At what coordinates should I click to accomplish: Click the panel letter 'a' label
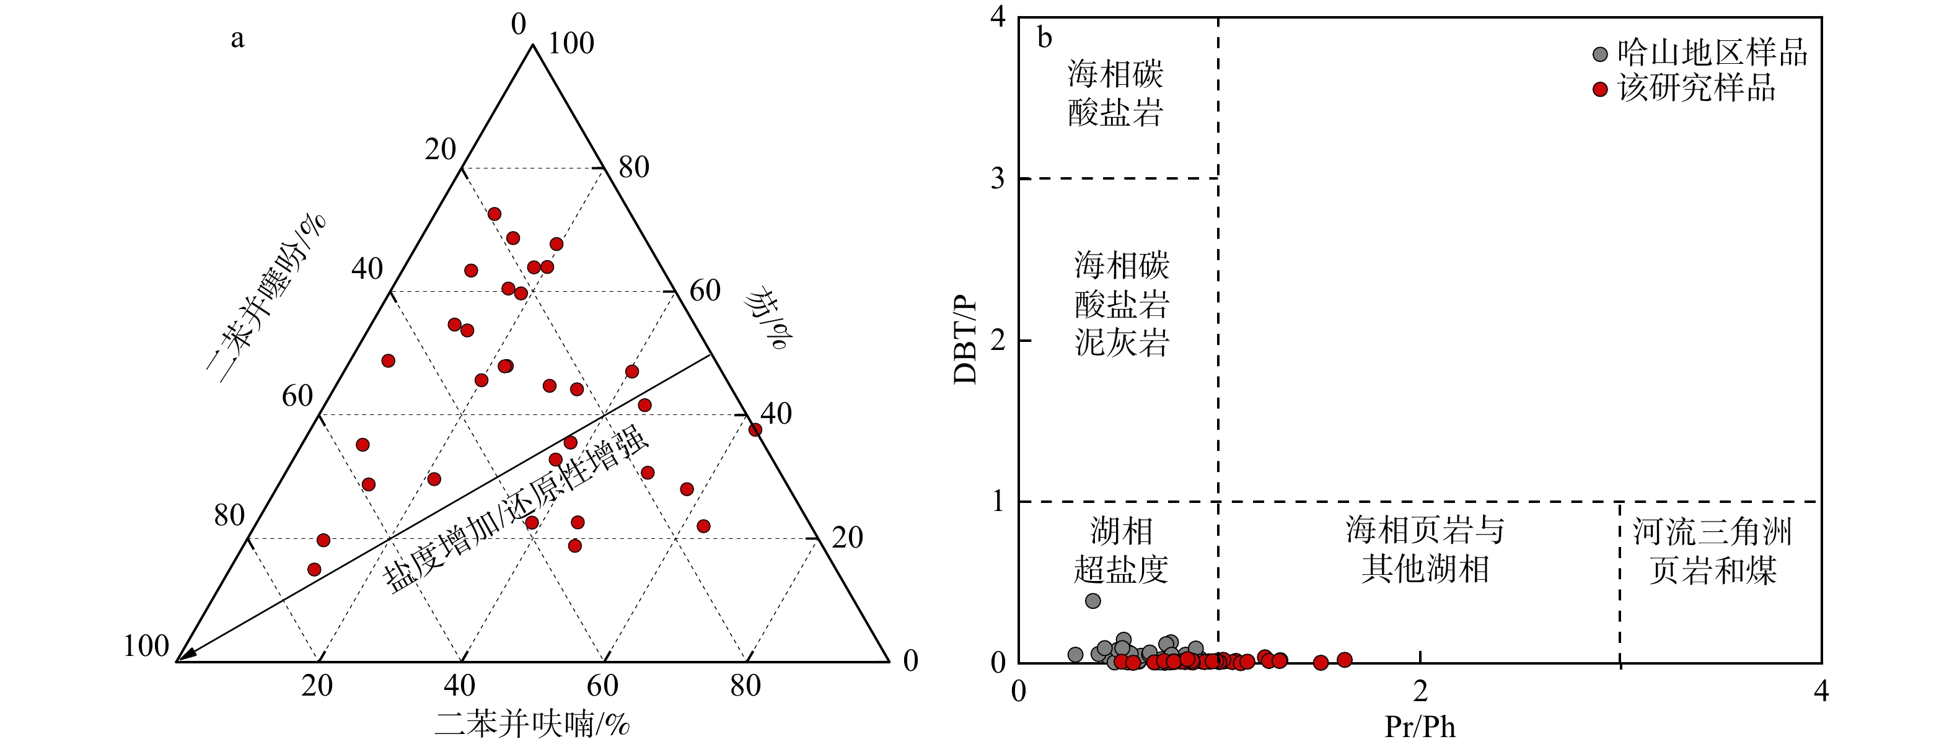pos(237,38)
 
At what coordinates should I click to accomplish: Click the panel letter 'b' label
pos(1044,38)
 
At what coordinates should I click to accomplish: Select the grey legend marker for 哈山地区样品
pos(1599,55)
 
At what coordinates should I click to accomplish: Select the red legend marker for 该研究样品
pos(1599,89)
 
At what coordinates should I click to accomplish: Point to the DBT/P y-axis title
pos(965,340)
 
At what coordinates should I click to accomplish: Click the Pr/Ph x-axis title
pos(1419,727)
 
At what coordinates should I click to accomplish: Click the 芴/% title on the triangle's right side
pos(766,318)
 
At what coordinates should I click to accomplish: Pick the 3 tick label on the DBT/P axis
pos(997,179)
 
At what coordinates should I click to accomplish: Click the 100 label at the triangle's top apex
pos(571,44)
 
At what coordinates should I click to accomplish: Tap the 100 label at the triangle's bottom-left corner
pos(146,646)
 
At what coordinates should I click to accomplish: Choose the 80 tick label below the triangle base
pos(745,686)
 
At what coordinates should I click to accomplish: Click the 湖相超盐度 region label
pos(1121,551)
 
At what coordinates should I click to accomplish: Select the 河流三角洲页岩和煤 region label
pos(1712,551)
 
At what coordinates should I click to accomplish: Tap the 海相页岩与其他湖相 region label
pos(1425,549)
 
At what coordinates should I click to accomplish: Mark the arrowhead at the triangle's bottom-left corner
pos(187,655)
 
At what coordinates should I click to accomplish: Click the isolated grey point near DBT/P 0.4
pos(1093,601)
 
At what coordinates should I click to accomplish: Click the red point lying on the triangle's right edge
pos(755,430)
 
